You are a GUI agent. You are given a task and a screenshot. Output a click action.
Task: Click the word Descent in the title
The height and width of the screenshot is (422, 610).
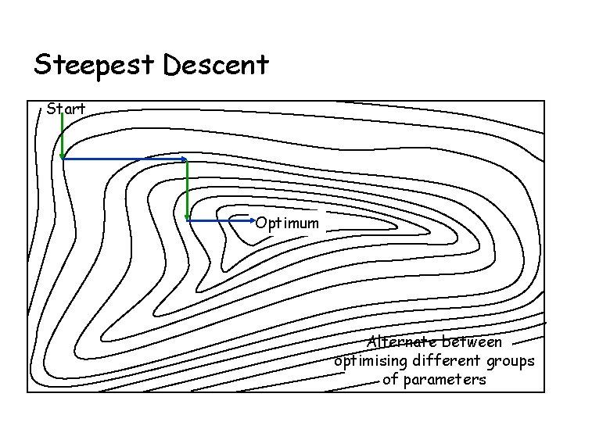[216, 64]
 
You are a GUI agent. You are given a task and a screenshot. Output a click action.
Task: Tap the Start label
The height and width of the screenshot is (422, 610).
[66, 109]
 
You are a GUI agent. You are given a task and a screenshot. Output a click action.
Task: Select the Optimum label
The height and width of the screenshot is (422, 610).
[288, 224]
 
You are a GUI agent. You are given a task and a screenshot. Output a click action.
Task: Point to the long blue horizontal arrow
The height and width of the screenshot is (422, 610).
[125, 159]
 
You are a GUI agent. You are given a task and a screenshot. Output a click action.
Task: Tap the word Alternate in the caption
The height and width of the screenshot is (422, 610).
[402, 342]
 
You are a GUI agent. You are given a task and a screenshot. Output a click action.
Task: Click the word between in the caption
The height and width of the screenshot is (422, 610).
[472, 342]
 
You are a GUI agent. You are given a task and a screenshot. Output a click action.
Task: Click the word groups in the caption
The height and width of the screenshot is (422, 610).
[510, 362]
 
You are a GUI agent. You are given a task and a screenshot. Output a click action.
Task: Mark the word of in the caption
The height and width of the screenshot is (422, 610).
[390, 381]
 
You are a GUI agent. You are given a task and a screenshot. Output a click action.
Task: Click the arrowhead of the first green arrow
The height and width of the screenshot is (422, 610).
[63, 156]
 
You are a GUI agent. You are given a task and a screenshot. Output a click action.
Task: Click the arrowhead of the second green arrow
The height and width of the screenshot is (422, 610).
[188, 217]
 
